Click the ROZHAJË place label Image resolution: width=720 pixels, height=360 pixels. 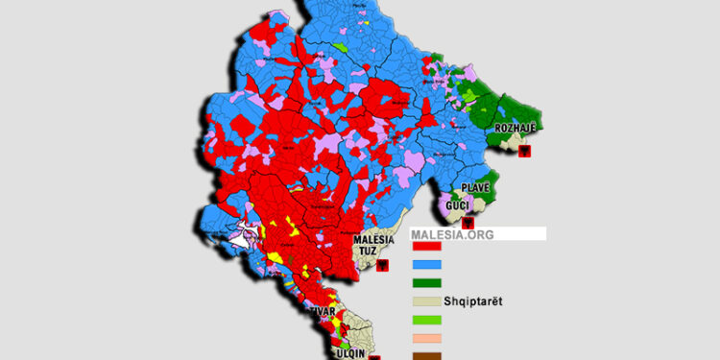coord(516,129)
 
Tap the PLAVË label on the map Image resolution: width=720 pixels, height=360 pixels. coord(475,186)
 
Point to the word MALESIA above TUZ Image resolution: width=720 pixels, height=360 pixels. coord(375,240)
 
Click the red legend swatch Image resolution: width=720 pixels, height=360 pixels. coord(426,247)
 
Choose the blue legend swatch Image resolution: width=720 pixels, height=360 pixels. coord(426,265)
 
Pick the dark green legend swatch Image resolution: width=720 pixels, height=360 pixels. coord(426,283)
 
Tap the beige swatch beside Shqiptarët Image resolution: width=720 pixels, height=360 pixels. coord(426,301)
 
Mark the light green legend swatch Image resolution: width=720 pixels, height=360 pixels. coord(426,320)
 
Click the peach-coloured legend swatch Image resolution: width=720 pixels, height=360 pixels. coord(426,338)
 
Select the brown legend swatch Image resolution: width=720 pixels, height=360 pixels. coord(426,355)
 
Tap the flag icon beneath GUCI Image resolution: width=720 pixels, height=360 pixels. coord(468,223)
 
